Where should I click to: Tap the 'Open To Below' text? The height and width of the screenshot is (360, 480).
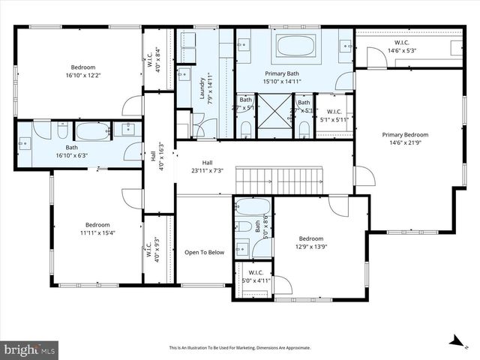click(x=205, y=253)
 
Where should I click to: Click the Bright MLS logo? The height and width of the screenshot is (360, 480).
click(x=30, y=349)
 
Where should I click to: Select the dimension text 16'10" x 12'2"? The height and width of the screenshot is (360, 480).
click(x=82, y=75)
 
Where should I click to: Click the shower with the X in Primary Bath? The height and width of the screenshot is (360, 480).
click(x=274, y=114)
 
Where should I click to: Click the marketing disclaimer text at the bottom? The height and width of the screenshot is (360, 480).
click(x=240, y=348)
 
